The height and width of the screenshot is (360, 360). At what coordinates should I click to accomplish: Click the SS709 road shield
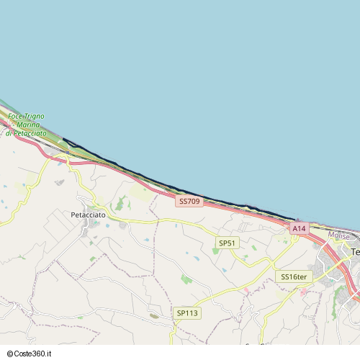click(189, 202)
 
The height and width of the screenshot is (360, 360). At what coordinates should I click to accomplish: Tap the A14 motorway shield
click(299, 228)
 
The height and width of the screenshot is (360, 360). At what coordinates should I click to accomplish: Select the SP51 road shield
click(227, 243)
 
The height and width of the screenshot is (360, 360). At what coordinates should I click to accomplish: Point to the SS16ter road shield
click(294, 276)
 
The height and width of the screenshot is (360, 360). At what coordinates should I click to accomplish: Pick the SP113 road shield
click(186, 313)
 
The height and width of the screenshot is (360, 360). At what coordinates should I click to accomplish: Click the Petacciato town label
click(88, 215)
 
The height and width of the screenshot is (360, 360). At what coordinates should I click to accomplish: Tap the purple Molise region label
click(338, 235)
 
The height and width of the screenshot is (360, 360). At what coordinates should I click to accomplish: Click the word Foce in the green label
click(15, 117)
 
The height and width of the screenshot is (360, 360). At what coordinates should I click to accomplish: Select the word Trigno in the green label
click(35, 117)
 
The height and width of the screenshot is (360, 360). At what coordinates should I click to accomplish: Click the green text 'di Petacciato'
click(26, 133)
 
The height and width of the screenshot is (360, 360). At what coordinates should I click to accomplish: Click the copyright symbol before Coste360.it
click(11, 354)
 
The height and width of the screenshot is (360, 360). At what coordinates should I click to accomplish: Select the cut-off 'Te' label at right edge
click(355, 251)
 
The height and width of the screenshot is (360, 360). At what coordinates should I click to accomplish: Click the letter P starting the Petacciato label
click(73, 215)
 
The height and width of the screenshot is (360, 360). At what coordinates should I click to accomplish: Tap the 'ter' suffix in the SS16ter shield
click(302, 276)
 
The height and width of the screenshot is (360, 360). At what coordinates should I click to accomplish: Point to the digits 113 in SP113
click(191, 313)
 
